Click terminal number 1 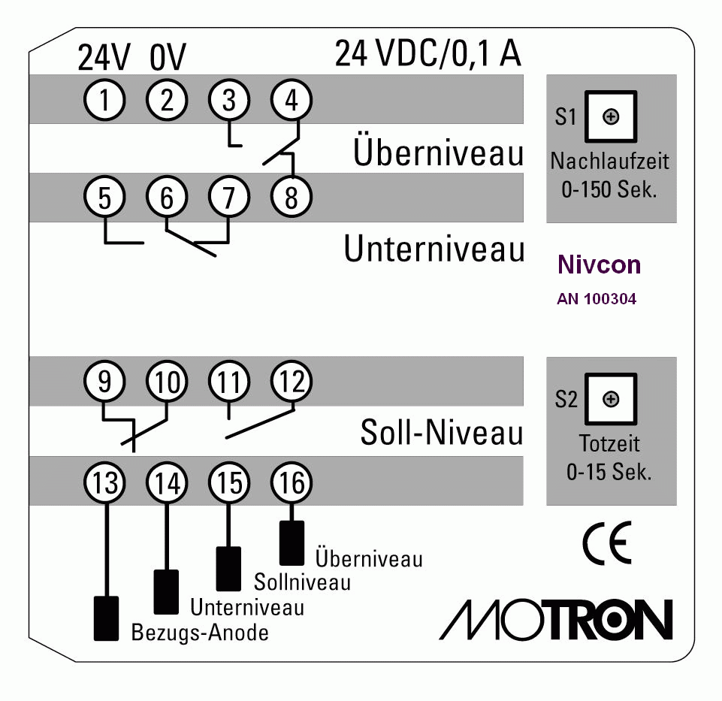(104, 100)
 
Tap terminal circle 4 (292, 100)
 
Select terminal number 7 (229, 197)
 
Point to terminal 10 (167, 382)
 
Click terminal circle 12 (292, 382)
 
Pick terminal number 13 (104, 482)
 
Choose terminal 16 (292, 482)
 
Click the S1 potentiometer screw (611, 116)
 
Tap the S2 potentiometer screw (611, 399)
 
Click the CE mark (607, 543)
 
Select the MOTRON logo (556, 619)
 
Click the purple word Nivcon (599, 264)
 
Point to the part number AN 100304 (597, 299)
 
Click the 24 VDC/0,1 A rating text (427, 54)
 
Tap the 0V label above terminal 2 (168, 57)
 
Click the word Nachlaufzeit (609, 162)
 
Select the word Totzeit (609, 443)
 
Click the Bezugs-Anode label (200, 633)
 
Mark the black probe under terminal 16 (292, 543)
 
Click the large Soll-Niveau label (442, 433)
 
